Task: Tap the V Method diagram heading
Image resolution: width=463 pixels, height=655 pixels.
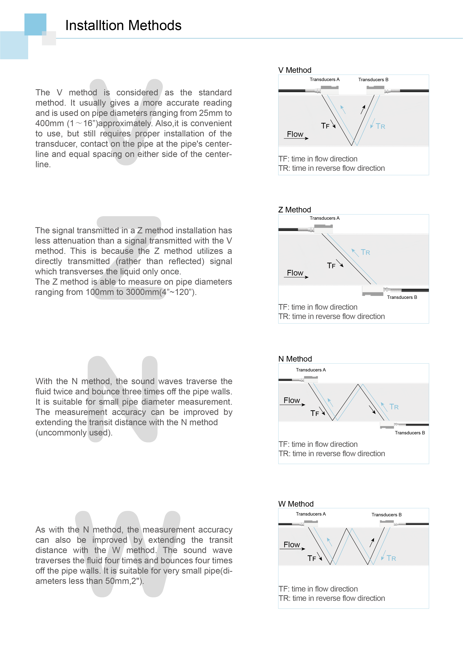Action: click(x=295, y=70)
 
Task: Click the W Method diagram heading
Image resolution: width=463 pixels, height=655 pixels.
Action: click(x=296, y=504)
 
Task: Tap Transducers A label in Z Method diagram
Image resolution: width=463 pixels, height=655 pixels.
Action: click(x=324, y=218)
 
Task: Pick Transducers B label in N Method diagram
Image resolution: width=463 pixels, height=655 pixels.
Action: click(x=409, y=433)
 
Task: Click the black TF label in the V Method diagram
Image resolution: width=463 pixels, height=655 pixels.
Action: click(x=325, y=126)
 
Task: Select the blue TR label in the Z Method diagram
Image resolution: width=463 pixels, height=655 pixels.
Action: click(x=365, y=252)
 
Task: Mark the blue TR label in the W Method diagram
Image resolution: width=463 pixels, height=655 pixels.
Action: click(x=391, y=558)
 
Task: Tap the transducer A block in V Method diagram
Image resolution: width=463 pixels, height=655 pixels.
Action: click(x=330, y=90)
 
